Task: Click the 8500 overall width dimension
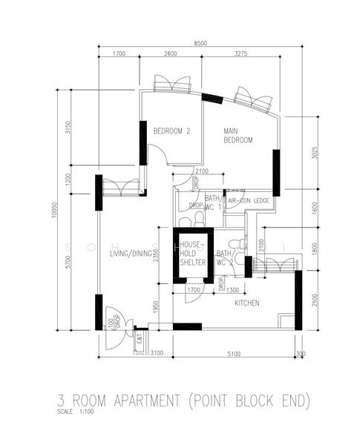[x=200, y=44]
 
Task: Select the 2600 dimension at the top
[x=170, y=54]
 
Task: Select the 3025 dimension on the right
[x=315, y=153]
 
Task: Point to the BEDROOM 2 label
[x=172, y=131]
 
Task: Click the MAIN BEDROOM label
[x=238, y=136]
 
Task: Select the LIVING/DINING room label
[x=131, y=254]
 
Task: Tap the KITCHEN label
[x=246, y=303]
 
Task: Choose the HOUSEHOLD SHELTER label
[x=192, y=253]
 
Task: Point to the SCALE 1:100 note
[x=74, y=411]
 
